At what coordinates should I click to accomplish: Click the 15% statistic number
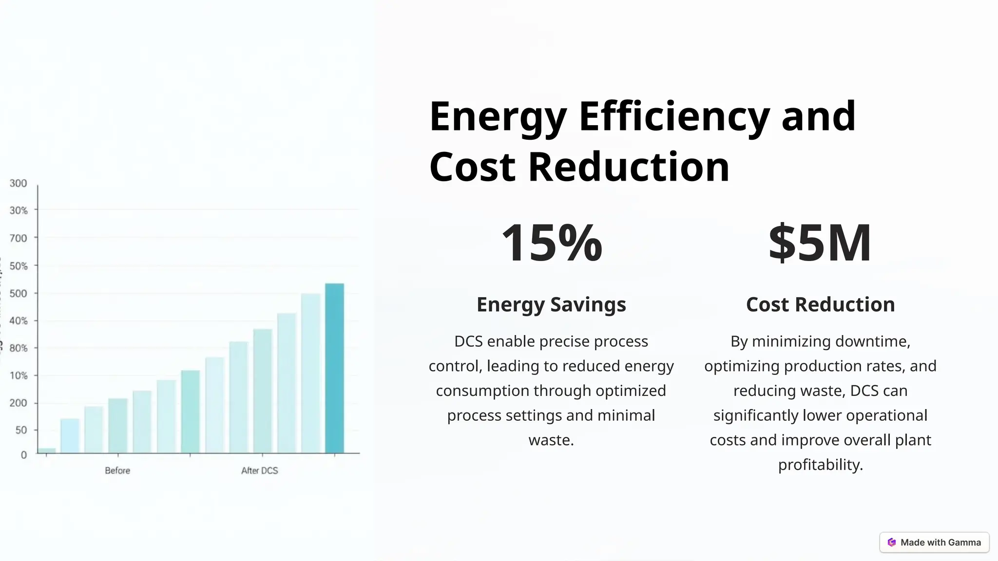click(551, 243)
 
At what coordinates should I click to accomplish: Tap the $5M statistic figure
click(820, 243)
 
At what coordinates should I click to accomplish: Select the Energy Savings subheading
click(551, 304)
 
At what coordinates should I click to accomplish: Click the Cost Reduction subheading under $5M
click(820, 304)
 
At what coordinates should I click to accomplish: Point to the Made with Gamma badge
click(934, 542)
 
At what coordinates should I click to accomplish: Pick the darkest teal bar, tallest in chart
click(334, 368)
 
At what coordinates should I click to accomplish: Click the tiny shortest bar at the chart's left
click(47, 450)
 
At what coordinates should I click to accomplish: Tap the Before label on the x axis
click(117, 470)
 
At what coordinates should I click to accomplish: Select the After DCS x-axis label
click(259, 470)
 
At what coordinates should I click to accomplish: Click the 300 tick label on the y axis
click(19, 183)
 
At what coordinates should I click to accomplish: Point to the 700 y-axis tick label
click(19, 238)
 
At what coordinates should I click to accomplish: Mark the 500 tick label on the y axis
click(19, 293)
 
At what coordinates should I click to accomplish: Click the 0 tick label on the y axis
click(23, 455)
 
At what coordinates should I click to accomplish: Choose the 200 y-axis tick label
click(19, 403)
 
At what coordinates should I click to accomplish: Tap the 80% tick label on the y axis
click(19, 348)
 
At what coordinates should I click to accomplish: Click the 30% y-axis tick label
click(19, 210)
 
